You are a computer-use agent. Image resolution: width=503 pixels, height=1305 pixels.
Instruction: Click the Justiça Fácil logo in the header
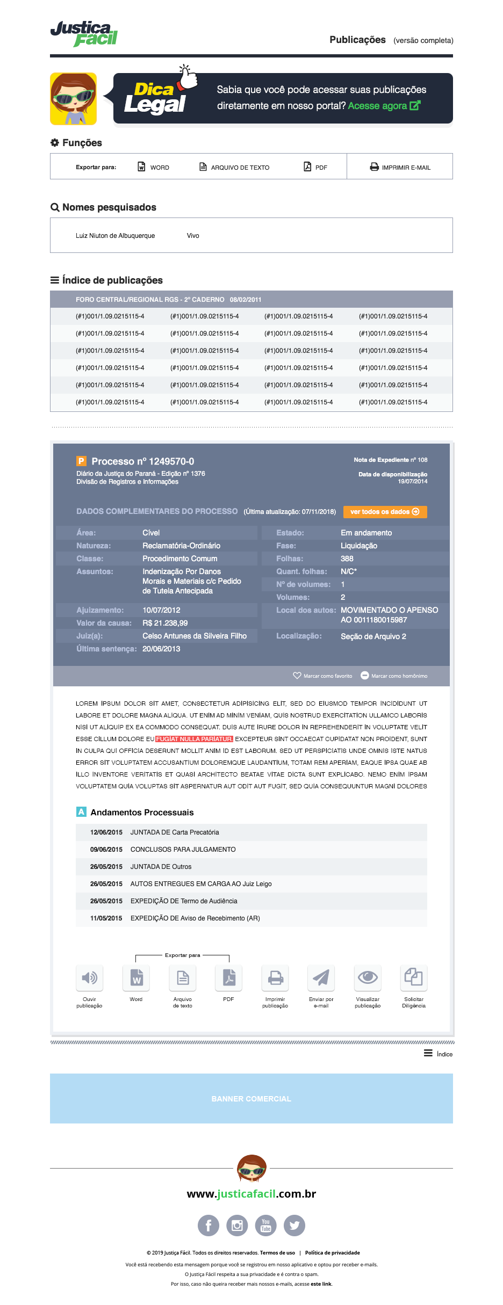(x=84, y=34)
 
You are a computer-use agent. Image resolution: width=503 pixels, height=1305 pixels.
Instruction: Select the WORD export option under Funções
(x=154, y=167)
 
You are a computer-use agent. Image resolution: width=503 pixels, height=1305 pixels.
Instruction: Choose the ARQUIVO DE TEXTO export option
(x=234, y=167)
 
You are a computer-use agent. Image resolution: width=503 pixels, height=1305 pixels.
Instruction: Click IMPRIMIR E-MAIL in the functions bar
(x=400, y=167)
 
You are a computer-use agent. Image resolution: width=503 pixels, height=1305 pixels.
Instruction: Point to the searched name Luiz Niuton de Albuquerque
(x=115, y=236)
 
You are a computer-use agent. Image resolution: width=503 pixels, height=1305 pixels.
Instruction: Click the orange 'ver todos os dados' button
(x=385, y=512)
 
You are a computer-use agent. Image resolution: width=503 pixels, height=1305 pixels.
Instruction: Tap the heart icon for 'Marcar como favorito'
(x=297, y=676)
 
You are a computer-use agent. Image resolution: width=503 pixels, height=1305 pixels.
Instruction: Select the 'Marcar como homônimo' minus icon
(x=364, y=676)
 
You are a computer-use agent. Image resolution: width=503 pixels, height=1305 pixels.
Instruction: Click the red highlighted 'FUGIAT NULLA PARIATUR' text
(x=194, y=739)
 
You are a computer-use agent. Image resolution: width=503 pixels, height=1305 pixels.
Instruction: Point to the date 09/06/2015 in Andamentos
(x=106, y=850)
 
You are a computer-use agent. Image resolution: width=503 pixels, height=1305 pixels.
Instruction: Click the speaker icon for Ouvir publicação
(x=89, y=977)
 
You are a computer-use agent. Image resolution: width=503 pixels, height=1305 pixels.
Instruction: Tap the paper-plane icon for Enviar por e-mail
(x=321, y=977)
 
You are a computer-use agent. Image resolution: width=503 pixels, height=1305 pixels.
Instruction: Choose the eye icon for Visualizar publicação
(x=368, y=977)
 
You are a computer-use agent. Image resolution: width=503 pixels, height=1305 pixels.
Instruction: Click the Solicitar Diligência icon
(x=414, y=977)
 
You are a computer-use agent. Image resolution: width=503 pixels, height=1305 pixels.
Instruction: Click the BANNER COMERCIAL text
(x=251, y=1099)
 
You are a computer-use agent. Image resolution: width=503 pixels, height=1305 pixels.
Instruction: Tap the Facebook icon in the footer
(x=209, y=1226)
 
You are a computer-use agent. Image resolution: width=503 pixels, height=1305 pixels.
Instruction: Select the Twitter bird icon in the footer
(x=294, y=1226)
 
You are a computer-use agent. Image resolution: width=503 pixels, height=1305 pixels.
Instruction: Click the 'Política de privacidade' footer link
(x=332, y=1253)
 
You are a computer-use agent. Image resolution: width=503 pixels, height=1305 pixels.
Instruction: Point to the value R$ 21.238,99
(x=165, y=623)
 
